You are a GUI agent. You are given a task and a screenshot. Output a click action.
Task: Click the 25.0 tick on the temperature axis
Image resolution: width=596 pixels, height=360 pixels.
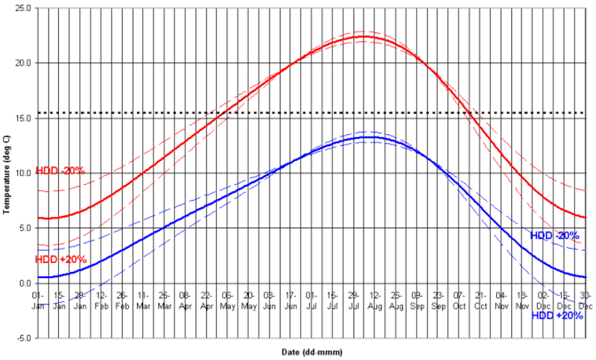pos(25,8)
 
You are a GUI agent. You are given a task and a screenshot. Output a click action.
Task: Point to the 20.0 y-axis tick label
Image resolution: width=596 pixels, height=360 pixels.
pos(25,63)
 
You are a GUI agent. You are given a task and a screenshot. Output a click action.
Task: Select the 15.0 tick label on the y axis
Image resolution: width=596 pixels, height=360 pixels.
pos(25,119)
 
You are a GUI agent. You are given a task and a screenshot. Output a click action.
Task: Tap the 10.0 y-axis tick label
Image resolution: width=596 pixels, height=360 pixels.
pos(25,174)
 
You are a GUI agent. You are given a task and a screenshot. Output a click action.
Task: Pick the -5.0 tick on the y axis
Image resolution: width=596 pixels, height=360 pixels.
pos(25,338)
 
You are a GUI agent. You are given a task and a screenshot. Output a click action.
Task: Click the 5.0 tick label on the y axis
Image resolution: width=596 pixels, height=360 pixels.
pos(26,228)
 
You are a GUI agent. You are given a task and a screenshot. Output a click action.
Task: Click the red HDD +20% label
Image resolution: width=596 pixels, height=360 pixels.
pos(61,259)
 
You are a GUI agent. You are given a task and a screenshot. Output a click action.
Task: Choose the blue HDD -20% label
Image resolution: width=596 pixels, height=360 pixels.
pos(554,236)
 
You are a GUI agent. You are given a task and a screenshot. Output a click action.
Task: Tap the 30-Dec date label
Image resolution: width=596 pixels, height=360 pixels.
pos(586,299)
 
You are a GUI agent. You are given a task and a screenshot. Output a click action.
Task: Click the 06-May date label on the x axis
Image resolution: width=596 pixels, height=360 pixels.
pos(227,299)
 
